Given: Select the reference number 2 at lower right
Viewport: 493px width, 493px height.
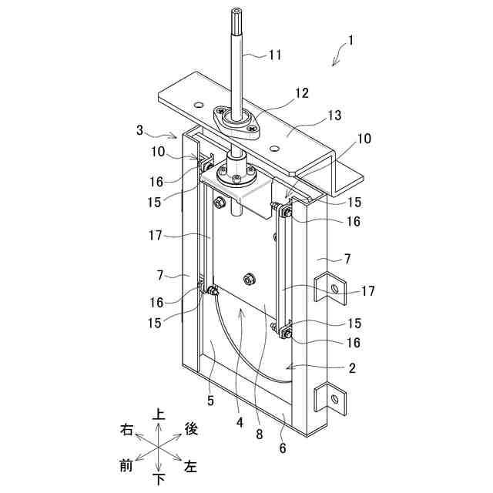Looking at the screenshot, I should coord(352,368).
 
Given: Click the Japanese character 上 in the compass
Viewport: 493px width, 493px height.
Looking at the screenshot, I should coord(159,414).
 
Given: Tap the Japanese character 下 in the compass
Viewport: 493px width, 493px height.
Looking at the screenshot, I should coord(159,479).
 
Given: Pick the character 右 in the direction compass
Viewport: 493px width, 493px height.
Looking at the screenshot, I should coord(126,428).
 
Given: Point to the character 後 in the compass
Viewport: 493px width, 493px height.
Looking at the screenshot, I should coord(191,428).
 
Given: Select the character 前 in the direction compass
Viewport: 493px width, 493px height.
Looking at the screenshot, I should coord(126,464).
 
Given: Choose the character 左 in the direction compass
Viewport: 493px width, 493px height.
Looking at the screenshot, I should coord(191,466).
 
